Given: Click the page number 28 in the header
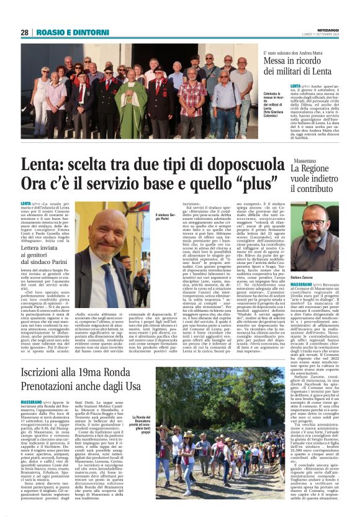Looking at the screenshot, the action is (x=25, y=32).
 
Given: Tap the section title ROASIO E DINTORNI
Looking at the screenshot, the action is (x=65, y=32).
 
